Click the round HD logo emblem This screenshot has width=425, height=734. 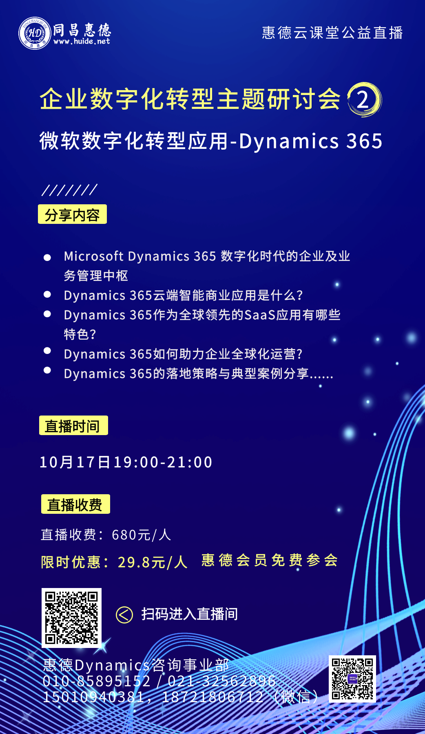[x=35, y=33]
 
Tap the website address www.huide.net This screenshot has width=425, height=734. [x=82, y=41]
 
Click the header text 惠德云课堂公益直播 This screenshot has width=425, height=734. [x=332, y=33]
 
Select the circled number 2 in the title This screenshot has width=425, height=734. [x=363, y=99]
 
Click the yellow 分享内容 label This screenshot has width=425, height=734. [x=72, y=214]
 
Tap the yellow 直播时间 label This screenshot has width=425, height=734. [x=73, y=425]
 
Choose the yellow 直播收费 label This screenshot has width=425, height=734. [x=75, y=504]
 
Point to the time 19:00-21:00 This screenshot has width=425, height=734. [x=163, y=462]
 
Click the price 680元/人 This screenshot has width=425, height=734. [x=141, y=535]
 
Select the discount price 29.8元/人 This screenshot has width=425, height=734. [x=153, y=562]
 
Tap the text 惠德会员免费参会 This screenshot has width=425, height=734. [x=270, y=560]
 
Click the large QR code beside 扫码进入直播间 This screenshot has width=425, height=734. [x=71, y=618]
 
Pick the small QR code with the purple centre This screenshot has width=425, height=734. [x=352, y=679]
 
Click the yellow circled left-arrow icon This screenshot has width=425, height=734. [x=124, y=615]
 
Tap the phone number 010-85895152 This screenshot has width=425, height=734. [x=97, y=681]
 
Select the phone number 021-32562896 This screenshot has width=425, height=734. [x=222, y=681]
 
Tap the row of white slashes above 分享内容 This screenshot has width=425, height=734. [x=69, y=190]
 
